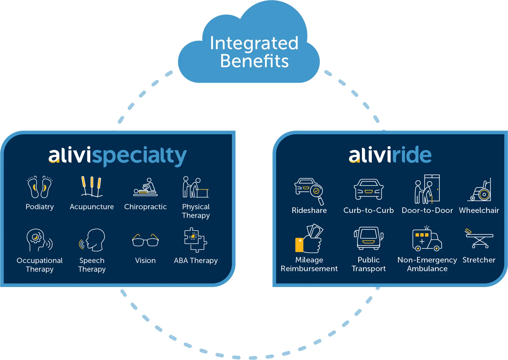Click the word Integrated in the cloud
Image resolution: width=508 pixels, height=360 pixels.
click(254, 44)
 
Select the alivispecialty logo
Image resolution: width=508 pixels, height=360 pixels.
click(117, 156)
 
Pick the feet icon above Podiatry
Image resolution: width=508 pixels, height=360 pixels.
click(40, 187)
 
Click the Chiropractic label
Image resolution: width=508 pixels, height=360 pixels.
click(145, 207)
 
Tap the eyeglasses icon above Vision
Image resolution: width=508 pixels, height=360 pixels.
click(145, 240)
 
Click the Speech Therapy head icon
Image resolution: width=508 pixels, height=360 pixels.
click(93, 240)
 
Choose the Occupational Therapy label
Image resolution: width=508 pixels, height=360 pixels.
click(40, 265)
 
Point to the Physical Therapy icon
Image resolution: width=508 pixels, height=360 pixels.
click(196, 187)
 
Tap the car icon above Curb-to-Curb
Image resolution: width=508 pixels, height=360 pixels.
click(369, 189)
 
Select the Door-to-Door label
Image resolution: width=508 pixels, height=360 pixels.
click(427, 211)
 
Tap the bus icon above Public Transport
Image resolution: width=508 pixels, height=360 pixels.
click(369, 238)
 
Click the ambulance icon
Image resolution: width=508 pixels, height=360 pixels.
click(427, 239)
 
